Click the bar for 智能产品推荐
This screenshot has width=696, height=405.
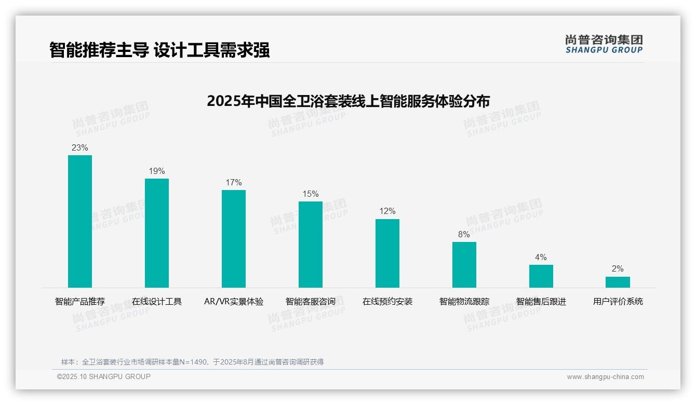(80, 221)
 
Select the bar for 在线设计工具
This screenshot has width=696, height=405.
(157, 233)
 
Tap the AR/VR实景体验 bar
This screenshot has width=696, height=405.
(234, 238)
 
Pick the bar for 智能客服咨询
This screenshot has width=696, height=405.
(311, 244)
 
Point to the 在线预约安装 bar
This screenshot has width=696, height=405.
(387, 253)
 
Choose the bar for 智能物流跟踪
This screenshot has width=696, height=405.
(464, 264)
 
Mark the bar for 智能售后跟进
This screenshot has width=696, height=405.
(541, 276)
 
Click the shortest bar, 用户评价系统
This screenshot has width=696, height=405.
(618, 282)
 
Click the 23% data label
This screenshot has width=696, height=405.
(80, 148)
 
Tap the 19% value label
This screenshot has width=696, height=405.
(157, 171)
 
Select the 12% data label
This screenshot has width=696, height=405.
(387, 211)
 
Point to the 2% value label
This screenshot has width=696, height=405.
(618, 269)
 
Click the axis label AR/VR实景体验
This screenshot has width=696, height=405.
(234, 302)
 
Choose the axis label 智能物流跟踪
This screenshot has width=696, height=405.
(464, 302)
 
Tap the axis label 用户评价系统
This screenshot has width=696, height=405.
(618, 302)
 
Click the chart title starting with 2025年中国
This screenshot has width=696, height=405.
(348, 101)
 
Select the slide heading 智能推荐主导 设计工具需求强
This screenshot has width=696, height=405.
(159, 50)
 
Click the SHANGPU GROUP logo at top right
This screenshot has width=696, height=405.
(604, 44)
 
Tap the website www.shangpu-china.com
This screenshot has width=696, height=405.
(605, 377)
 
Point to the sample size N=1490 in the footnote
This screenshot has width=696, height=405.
(197, 362)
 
